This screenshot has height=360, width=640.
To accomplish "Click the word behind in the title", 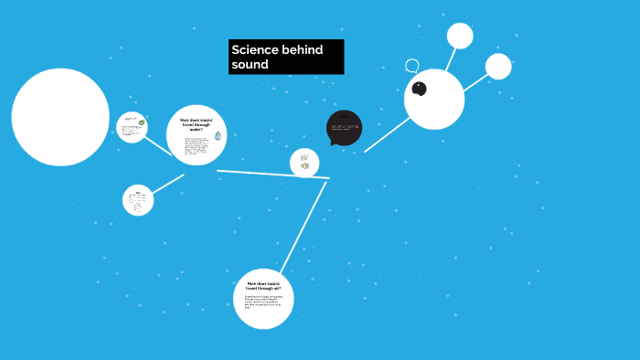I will pos(303,49).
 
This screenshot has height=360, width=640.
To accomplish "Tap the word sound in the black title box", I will pos(250,65).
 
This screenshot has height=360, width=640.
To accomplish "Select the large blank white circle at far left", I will pos(60,117).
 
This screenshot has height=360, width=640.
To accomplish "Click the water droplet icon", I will pos(218,136).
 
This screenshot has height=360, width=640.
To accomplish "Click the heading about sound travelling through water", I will pos(195,124).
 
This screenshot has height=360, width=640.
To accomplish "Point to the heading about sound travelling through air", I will pos(263,286).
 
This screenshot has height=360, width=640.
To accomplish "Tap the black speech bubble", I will pos(344,127).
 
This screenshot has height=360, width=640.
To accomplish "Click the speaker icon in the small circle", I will pos(304,165).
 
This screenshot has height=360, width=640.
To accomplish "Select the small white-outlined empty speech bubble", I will pos(412,66).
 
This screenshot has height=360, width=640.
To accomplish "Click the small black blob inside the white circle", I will pos(420,89).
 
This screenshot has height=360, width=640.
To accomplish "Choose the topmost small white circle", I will pos(460,36).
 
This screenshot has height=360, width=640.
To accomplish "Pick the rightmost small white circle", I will pos(498,66).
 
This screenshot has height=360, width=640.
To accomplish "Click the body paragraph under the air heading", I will pos(263,302).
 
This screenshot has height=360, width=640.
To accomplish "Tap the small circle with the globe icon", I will pos(132,127).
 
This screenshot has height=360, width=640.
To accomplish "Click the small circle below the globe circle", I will pos(138,200).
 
